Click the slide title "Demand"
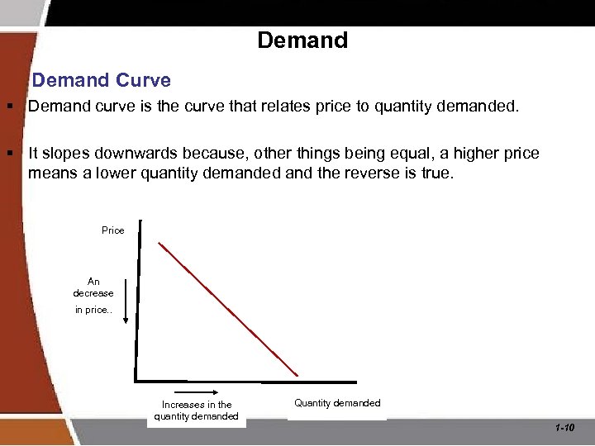(x=302, y=40)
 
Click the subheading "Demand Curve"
(x=102, y=80)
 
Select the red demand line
(x=228, y=308)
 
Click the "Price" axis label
(x=113, y=230)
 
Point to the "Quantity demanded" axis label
(x=337, y=403)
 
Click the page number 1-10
(x=565, y=428)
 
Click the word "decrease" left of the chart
(x=93, y=293)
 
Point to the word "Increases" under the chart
(x=183, y=405)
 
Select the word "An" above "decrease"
(x=93, y=282)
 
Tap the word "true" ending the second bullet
(x=435, y=173)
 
